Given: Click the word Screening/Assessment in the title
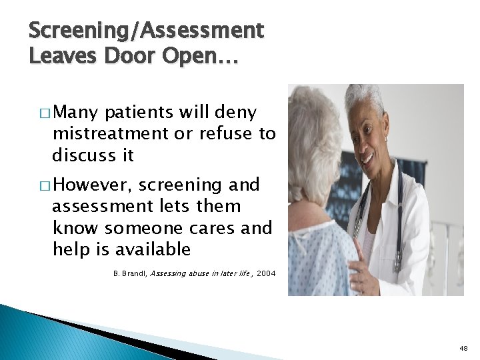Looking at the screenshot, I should pyautogui.click(x=147, y=31).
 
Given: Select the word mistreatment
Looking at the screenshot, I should pyautogui.click(x=111, y=134).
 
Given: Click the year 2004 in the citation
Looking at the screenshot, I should pyautogui.click(x=265, y=273).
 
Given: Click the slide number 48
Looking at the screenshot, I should pyautogui.click(x=463, y=348).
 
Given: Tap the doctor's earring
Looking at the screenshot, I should pyautogui.click(x=385, y=139).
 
